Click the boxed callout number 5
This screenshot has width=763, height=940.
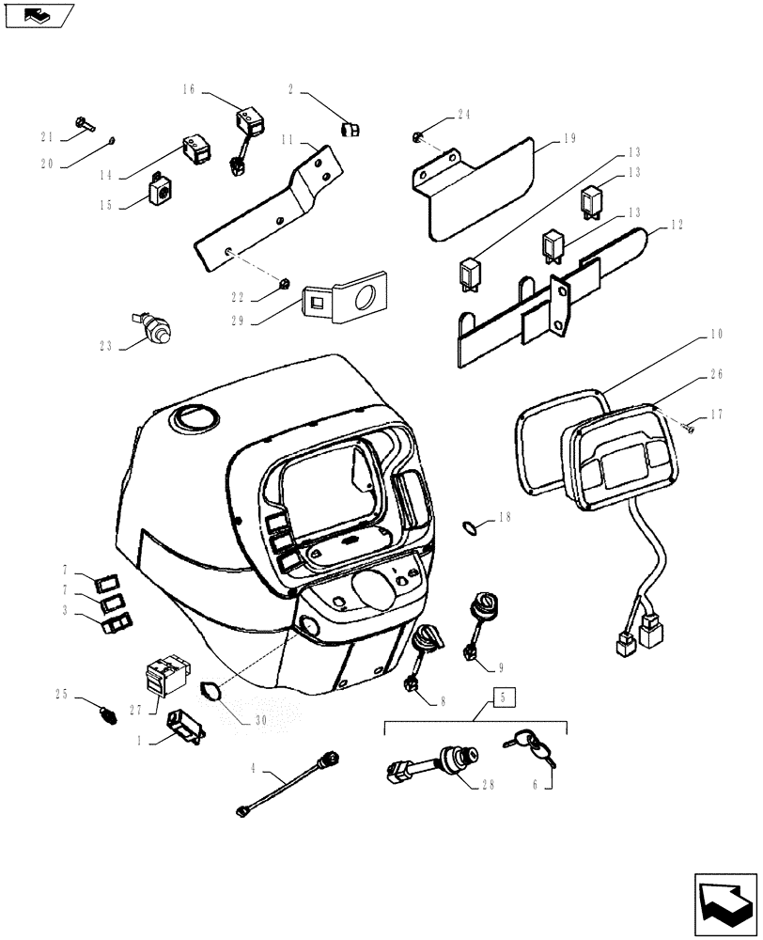pyautogui.click(x=504, y=698)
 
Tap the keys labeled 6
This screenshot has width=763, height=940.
pyautogui.click(x=532, y=747)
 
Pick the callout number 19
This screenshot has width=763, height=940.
pyautogui.click(x=569, y=138)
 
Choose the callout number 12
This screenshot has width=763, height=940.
pyautogui.click(x=677, y=226)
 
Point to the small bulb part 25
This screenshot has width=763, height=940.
pyautogui.click(x=107, y=716)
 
